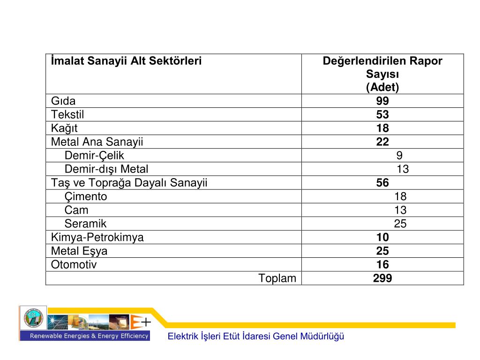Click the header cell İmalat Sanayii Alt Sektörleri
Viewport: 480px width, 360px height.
(126, 61)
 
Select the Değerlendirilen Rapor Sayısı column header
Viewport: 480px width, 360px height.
(382, 74)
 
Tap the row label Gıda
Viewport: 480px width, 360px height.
(63, 101)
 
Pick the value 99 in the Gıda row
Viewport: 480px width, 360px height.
(382, 101)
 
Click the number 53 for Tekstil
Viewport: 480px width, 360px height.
(382, 115)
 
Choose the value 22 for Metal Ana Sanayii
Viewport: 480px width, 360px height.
(382, 142)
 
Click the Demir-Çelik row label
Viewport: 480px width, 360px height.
(94, 156)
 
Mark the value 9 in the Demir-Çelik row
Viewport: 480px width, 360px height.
(399, 156)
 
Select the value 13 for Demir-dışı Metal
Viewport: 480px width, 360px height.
(403, 169)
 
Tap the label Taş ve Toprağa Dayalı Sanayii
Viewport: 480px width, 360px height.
(129, 183)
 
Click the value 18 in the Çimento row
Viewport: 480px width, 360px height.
(400, 196)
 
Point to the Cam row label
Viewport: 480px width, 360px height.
(76, 210)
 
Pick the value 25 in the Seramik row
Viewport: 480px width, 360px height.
(400, 224)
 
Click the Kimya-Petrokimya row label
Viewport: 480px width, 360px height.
(97, 237)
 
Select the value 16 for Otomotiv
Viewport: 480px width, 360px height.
(382, 264)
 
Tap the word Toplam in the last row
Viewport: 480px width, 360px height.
(277, 278)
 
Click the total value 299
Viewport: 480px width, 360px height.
(382, 278)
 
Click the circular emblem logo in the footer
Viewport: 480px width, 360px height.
(33, 318)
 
